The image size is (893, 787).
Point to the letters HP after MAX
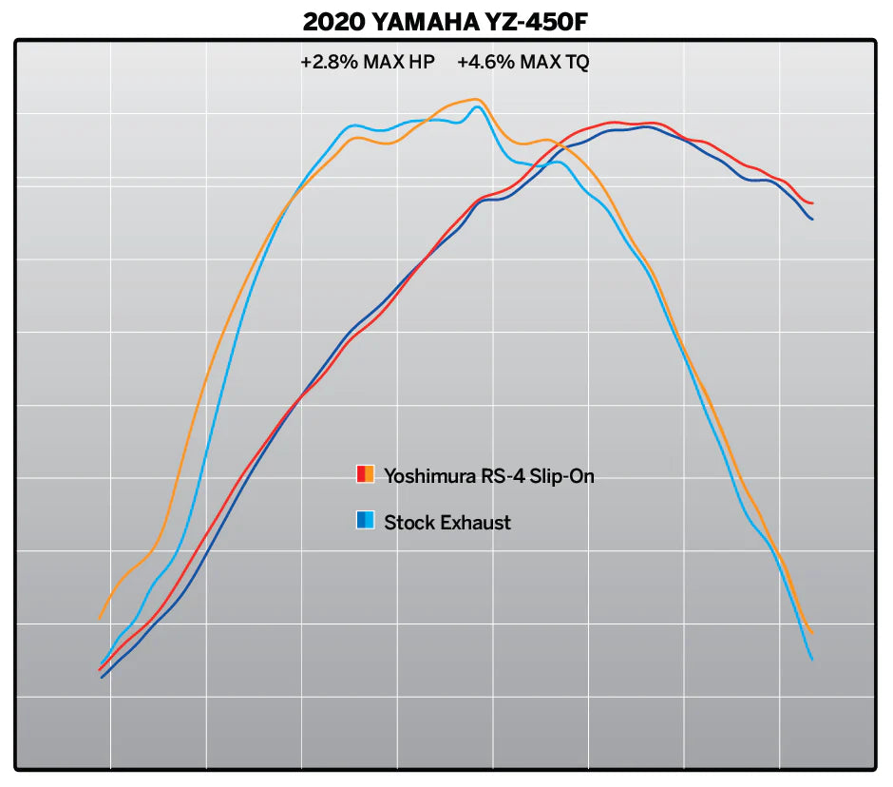(x=422, y=64)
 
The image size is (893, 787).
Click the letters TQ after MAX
(x=578, y=64)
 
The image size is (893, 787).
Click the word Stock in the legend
(x=408, y=522)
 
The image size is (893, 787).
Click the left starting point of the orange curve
(x=99, y=619)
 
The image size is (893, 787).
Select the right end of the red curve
(x=813, y=203)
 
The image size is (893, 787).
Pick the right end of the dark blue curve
(x=813, y=220)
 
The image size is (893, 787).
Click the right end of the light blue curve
(x=812, y=659)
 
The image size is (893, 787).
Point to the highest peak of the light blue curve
(x=478, y=106)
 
